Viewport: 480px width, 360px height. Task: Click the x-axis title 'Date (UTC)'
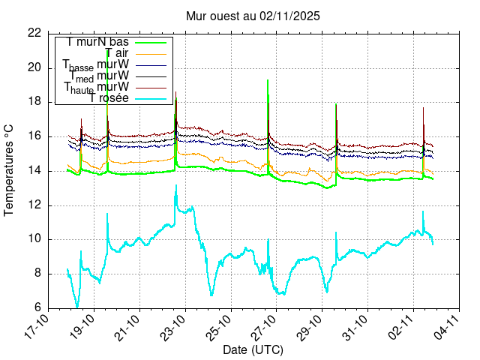click(253, 349)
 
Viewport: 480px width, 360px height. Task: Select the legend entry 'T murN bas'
click(97, 42)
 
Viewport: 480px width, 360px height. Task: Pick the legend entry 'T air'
click(117, 53)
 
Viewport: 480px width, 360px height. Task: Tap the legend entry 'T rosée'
click(109, 98)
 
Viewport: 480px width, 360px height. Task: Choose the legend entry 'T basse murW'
click(96, 65)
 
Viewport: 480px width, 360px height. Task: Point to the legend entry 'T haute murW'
click(97, 88)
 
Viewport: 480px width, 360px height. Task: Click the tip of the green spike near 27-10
click(268, 79)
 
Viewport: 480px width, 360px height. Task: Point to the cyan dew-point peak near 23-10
click(176, 185)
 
